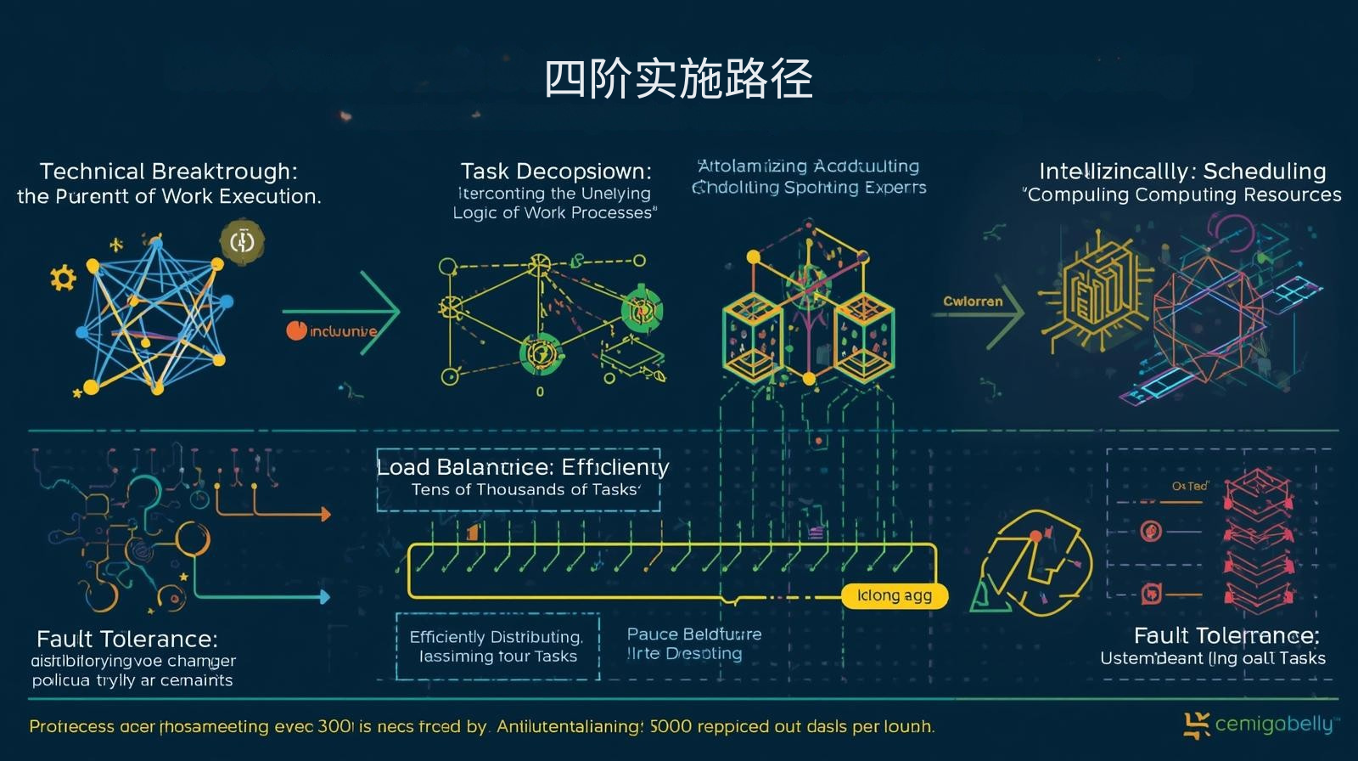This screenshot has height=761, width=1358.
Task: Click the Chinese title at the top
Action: click(x=678, y=79)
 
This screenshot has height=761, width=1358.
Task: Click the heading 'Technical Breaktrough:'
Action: click(x=168, y=171)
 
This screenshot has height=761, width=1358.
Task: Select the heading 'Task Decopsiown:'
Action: click(x=556, y=171)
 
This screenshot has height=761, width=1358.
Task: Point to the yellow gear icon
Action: click(x=63, y=278)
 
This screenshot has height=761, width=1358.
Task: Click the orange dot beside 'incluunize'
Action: click(x=296, y=330)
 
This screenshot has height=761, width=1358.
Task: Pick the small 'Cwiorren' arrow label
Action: click(x=973, y=302)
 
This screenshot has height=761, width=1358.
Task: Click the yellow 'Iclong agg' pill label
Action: click(x=894, y=595)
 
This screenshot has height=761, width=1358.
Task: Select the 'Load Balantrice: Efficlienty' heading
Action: click(x=522, y=467)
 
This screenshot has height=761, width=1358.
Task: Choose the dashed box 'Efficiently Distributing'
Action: click(x=497, y=646)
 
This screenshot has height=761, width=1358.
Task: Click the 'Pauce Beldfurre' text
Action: click(x=693, y=634)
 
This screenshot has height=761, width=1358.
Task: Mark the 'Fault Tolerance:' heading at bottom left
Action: click(x=127, y=639)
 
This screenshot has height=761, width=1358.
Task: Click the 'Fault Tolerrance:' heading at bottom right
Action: click(x=1226, y=635)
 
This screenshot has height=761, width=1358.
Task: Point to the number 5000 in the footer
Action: click(x=671, y=727)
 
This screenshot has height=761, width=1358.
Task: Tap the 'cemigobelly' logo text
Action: click(x=1273, y=724)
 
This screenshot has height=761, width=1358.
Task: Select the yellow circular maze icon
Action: click(x=1035, y=562)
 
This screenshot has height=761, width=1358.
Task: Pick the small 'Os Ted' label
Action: click(x=1189, y=486)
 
